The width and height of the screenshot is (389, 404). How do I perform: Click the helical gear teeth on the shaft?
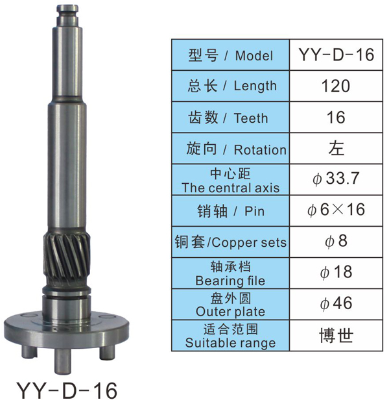tap(67, 259)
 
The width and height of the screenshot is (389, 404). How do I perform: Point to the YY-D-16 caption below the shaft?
tap(66, 390)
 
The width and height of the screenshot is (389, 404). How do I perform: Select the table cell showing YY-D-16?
tap(336, 55)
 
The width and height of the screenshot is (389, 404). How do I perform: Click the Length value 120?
tap(336, 86)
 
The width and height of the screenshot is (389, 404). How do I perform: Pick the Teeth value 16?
tap(336, 117)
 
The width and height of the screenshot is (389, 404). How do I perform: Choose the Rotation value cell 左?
tap(336, 148)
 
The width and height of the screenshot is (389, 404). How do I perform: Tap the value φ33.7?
tap(336, 179)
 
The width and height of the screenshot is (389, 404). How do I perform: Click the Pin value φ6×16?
tap(336, 210)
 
